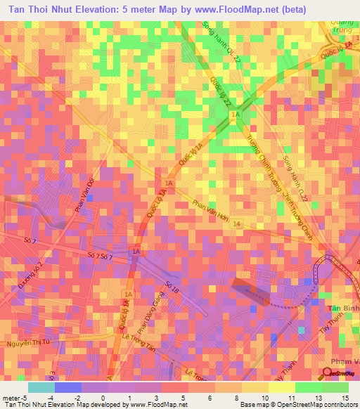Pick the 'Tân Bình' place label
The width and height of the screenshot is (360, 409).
[x=343, y=309]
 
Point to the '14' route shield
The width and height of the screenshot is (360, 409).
[x=238, y=223]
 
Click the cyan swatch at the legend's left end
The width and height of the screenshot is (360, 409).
[x=41, y=387]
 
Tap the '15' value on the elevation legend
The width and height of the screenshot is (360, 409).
[x=344, y=398]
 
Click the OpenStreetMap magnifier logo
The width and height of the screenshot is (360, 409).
[x=328, y=372]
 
